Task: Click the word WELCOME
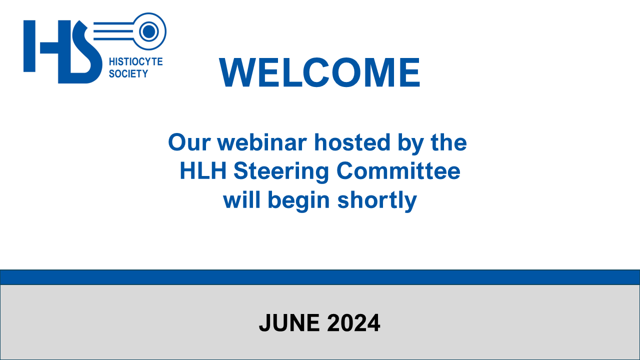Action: pyautogui.click(x=319, y=72)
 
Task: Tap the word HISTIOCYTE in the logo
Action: pyautogui.click(x=135, y=61)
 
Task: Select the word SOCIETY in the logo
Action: pyautogui.click(x=128, y=73)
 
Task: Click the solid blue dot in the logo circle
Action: pyautogui.click(x=149, y=31)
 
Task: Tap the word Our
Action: pyautogui.click(x=189, y=142)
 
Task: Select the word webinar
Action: pyautogui.click(x=262, y=142)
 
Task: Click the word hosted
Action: pyautogui.click(x=352, y=142)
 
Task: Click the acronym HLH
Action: pyautogui.click(x=203, y=171)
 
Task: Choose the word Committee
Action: pyautogui.click(x=398, y=170)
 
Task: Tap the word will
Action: pyautogui.click(x=241, y=199)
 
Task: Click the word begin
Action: pyautogui.click(x=299, y=201)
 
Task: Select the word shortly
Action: pyautogui.click(x=377, y=201)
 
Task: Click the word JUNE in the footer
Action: pyautogui.click(x=289, y=323)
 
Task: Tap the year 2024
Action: pyautogui.click(x=353, y=323)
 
